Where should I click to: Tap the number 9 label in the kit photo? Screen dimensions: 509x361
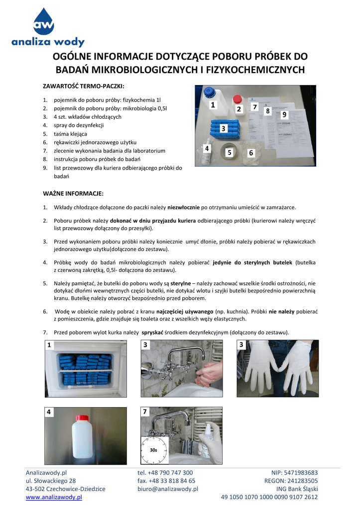click(x=284, y=114)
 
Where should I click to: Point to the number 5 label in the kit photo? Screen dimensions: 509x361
click(x=230, y=153)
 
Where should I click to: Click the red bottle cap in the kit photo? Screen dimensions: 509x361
click(x=238, y=98)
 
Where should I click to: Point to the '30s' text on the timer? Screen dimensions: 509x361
click(x=153, y=449)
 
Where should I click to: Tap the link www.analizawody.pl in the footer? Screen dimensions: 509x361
click(x=54, y=497)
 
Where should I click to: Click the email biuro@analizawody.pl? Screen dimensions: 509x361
click(x=168, y=489)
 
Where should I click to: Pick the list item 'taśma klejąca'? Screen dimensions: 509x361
click(x=71, y=134)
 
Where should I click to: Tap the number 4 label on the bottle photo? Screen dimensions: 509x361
click(x=49, y=412)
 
